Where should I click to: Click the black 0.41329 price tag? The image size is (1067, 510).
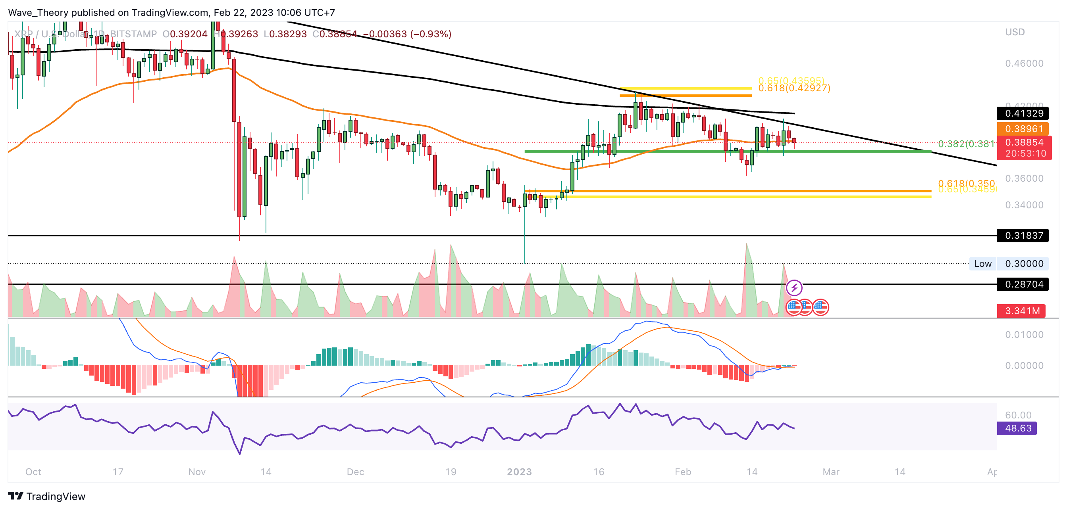click(1022, 113)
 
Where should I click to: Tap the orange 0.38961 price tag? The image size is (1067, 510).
click(1022, 129)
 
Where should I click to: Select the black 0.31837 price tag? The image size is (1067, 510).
click(1022, 236)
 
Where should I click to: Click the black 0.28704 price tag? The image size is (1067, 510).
click(1022, 284)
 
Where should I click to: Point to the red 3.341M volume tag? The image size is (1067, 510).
click(1021, 311)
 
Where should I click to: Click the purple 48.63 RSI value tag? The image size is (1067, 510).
click(1017, 428)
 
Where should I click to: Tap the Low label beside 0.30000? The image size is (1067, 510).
click(982, 264)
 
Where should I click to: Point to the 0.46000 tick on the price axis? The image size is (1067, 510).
click(1024, 63)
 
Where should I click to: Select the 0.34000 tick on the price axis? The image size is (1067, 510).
click(1024, 205)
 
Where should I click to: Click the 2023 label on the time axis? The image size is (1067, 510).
click(519, 472)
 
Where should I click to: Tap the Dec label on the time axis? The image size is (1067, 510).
click(355, 472)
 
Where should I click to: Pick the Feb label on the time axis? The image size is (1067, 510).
click(683, 472)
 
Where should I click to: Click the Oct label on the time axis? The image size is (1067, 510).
click(33, 472)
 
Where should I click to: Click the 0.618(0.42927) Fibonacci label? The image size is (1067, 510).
click(794, 88)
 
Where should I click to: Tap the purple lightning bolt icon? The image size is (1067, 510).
click(794, 288)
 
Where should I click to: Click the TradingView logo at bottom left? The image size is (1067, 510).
click(46, 496)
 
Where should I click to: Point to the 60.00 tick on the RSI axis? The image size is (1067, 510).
click(1018, 415)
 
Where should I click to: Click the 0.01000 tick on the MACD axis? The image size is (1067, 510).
click(1024, 334)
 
